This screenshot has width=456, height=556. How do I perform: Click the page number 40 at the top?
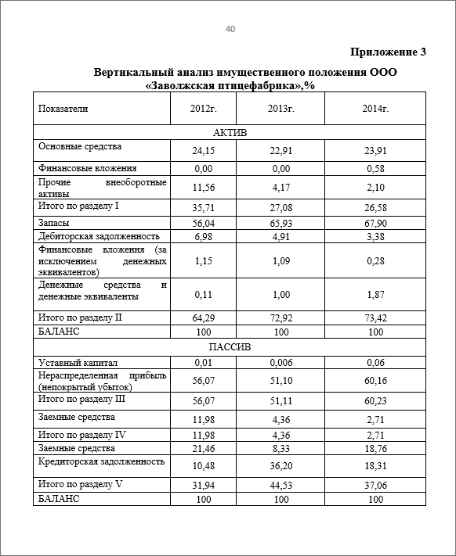230,29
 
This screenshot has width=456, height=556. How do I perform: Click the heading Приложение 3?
389,52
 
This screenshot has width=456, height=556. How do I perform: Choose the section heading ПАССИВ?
230,348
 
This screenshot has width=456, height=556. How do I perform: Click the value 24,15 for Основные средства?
203,150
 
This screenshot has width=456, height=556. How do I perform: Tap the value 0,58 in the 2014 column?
378,168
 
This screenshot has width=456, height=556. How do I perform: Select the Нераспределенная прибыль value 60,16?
378,381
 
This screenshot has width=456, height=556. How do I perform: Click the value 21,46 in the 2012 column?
203,448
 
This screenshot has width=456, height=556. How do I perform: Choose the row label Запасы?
54,222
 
